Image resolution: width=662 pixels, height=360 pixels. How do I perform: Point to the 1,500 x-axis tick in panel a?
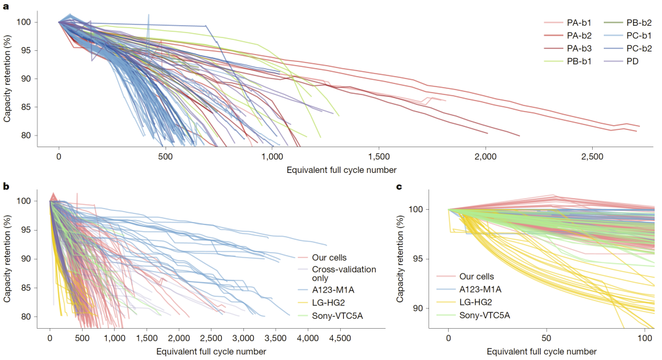[x=379, y=157]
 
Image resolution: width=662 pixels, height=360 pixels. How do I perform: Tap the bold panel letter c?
[x=398, y=186]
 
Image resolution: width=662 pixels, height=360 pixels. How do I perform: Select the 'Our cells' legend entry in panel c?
[x=468, y=276]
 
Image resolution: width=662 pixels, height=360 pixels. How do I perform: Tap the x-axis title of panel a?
[x=341, y=170]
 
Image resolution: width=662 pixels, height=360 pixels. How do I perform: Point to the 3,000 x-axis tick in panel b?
[x=243, y=337]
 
